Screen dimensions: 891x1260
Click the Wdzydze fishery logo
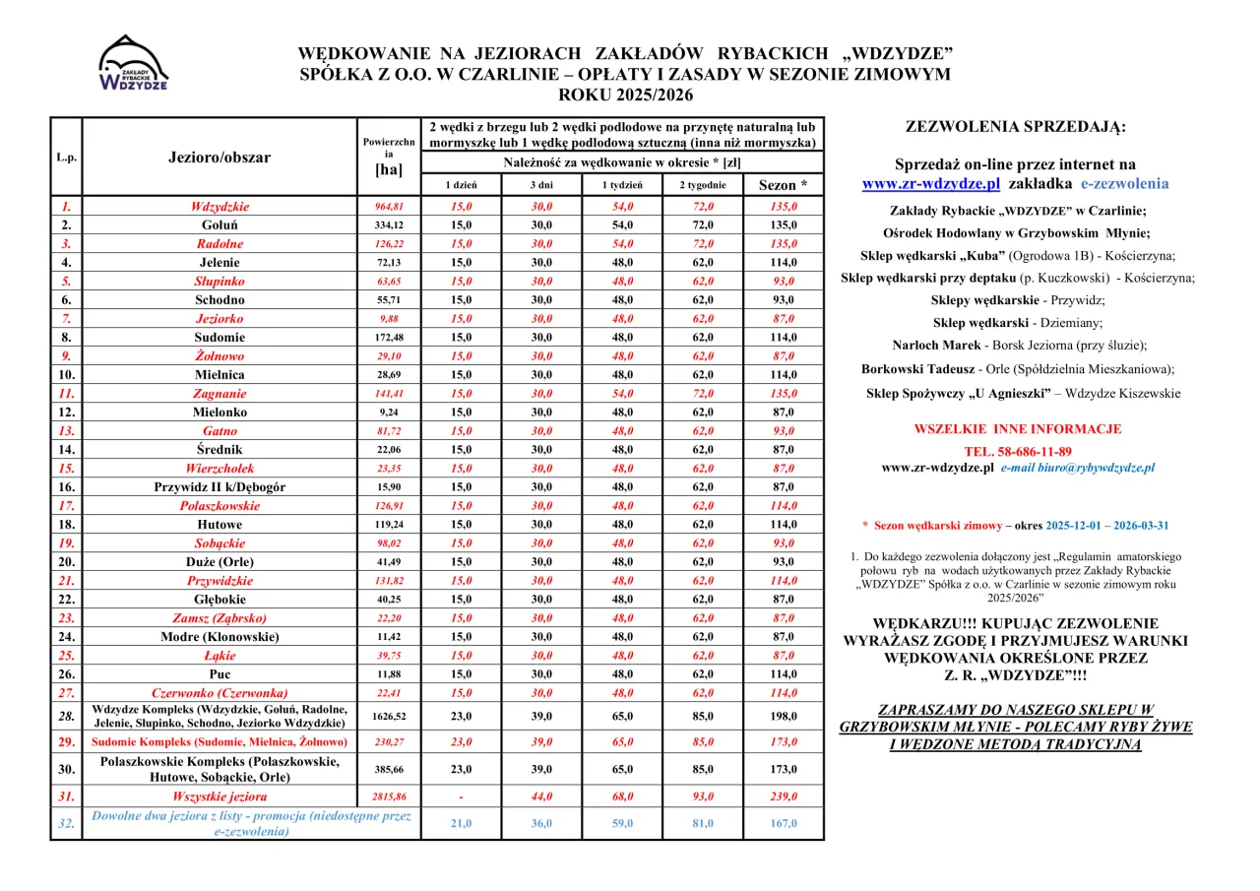pyautogui.click(x=134, y=64)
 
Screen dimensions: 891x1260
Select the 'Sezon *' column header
pyautogui.click(x=783, y=185)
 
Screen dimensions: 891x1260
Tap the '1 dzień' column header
pyautogui.click(x=461, y=185)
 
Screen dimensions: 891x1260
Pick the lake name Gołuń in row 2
pyautogui.click(x=220, y=225)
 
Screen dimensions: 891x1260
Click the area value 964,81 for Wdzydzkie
pyautogui.click(x=389, y=207)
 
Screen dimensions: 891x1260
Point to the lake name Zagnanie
pyautogui.click(x=220, y=394)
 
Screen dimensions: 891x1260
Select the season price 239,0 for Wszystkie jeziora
pyautogui.click(x=783, y=796)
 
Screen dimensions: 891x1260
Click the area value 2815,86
pyautogui.click(x=389, y=796)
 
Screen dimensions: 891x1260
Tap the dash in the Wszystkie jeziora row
pyautogui.click(x=461, y=796)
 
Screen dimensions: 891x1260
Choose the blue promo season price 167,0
pyautogui.click(x=783, y=824)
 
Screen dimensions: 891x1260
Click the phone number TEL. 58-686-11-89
pyautogui.click(x=1018, y=451)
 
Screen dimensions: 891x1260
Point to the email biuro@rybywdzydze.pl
pyautogui.click(x=1078, y=469)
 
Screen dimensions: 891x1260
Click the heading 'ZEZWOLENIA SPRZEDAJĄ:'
pyautogui.click(x=1015, y=127)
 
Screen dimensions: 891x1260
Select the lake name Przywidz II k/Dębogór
pyautogui.click(x=220, y=487)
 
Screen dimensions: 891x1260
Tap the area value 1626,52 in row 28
pyautogui.click(x=389, y=717)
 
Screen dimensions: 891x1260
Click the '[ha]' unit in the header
pyautogui.click(x=389, y=169)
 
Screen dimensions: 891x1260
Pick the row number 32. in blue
pyautogui.click(x=66, y=824)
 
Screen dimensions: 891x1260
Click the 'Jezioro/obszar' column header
pyautogui.click(x=220, y=158)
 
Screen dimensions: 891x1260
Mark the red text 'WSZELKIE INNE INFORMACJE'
pyautogui.click(x=1018, y=429)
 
